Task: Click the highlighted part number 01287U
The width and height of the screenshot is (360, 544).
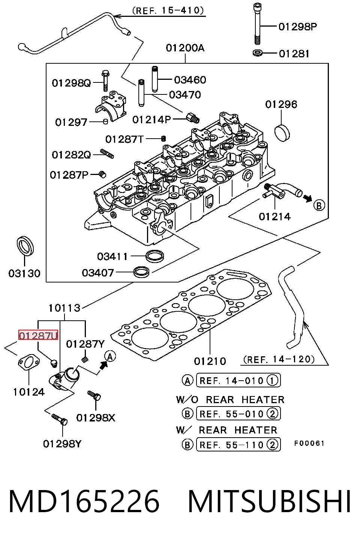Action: click(38, 335)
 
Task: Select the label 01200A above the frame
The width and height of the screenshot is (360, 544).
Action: click(185, 48)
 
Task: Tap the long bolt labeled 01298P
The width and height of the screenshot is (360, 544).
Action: click(257, 24)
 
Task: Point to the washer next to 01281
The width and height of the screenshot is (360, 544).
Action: click(257, 53)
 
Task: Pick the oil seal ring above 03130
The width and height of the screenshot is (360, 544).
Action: click(25, 245)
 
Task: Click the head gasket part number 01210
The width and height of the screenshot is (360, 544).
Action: click(210, 361)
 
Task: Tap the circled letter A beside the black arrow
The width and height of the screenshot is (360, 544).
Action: click(110, 357)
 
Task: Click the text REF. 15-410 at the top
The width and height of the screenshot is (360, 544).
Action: click(168, 10)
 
